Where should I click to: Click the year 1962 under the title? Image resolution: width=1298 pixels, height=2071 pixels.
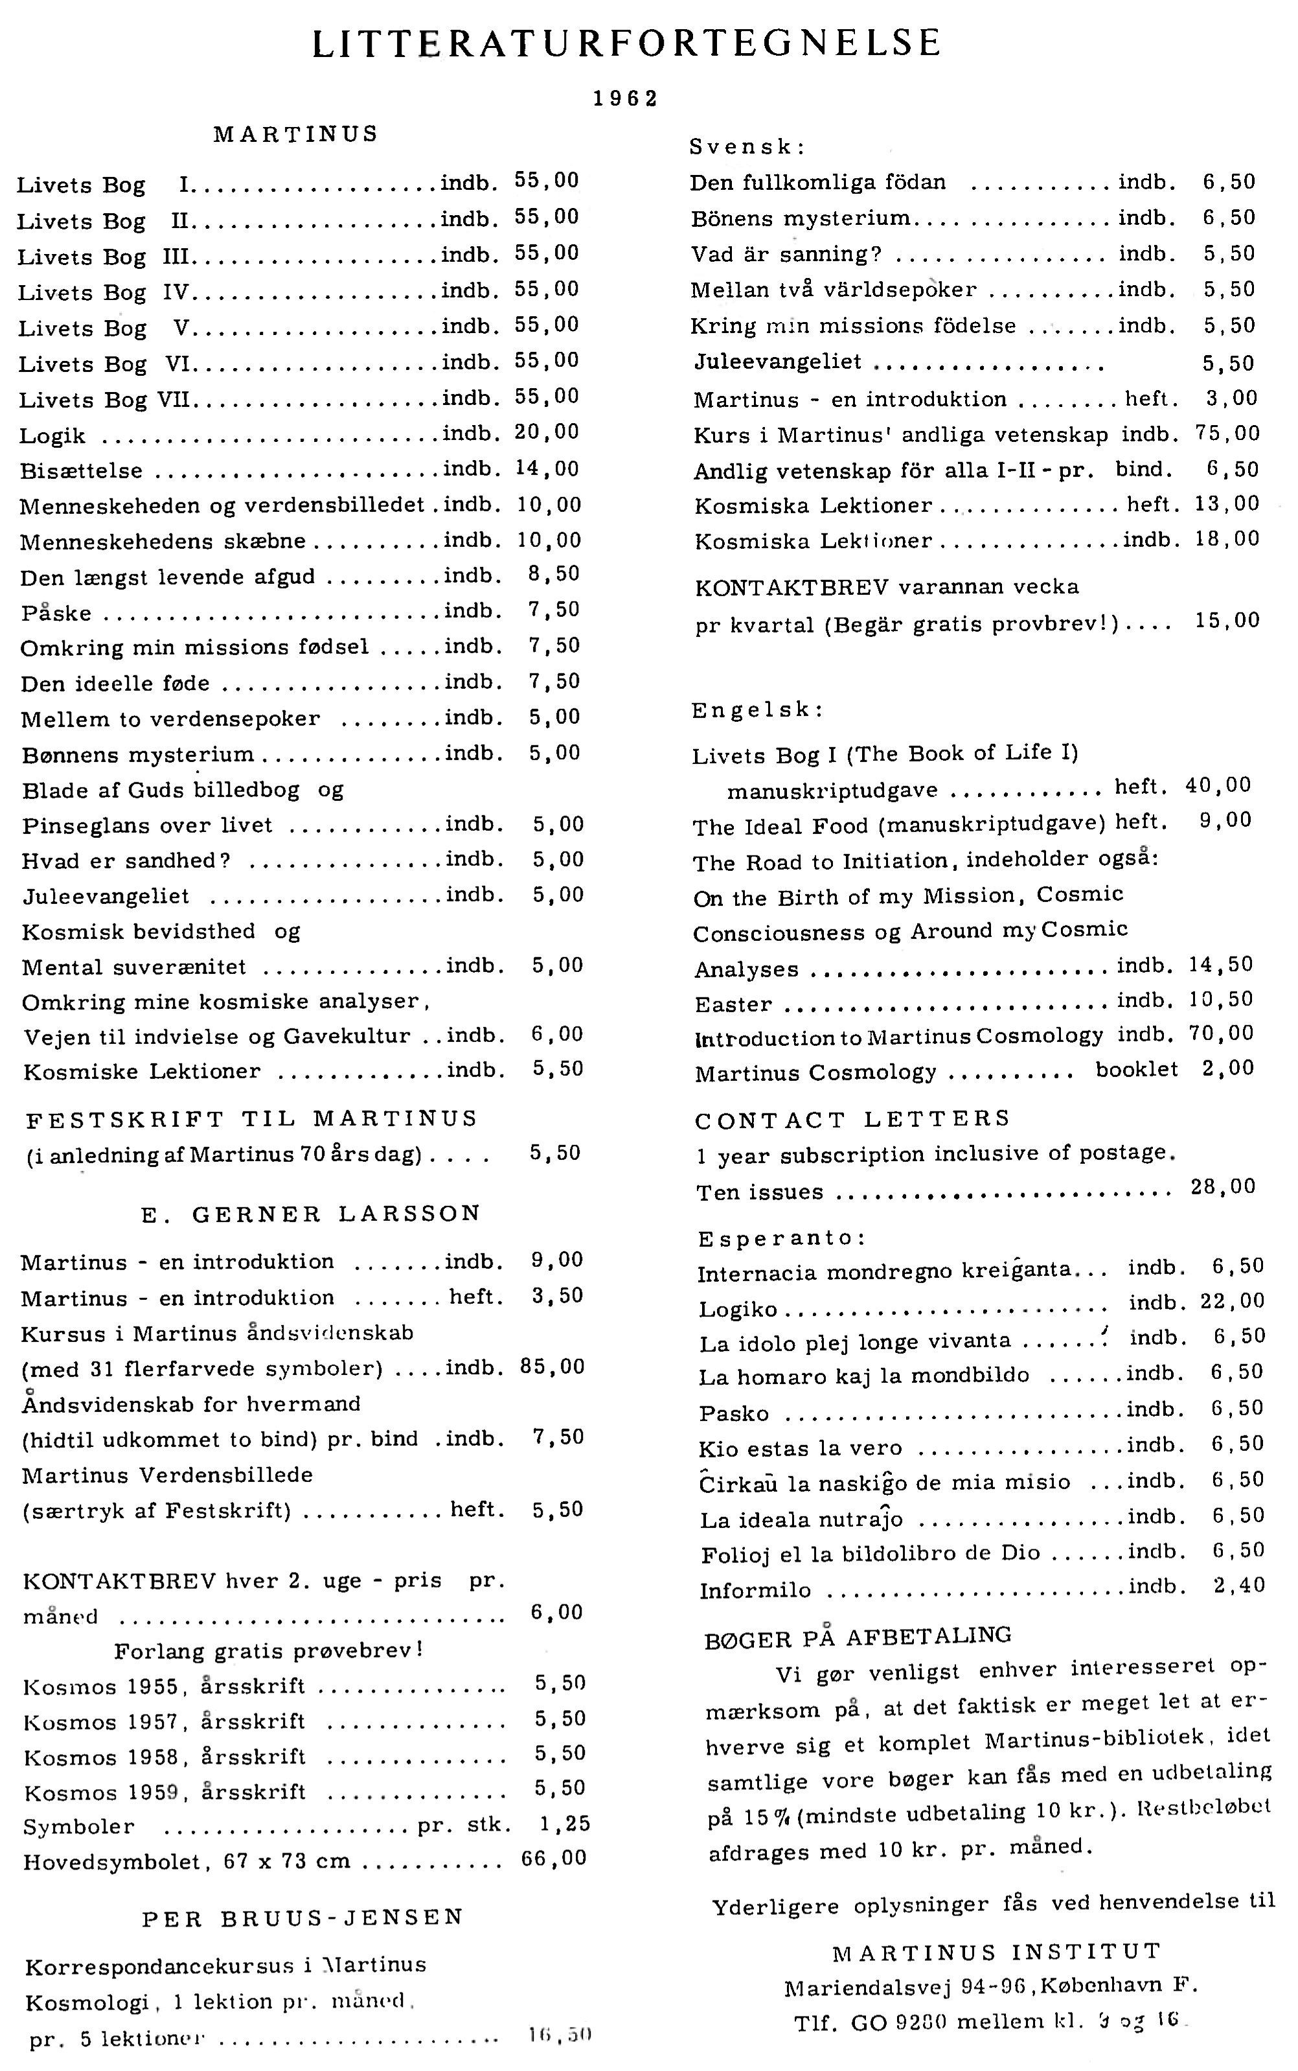(626, 98)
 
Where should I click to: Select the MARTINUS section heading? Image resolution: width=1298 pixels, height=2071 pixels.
(296, 134)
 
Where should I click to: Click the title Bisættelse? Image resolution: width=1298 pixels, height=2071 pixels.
(82, 471)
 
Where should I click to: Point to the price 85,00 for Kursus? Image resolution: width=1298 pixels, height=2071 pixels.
(552, 1367)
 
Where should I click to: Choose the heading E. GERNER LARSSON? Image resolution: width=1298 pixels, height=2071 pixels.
(311, 1213)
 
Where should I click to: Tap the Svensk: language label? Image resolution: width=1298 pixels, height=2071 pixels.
(747, 147)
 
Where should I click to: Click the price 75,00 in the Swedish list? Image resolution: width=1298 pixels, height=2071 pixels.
(1227, 434)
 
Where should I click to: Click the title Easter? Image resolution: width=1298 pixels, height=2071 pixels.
(733, 1004)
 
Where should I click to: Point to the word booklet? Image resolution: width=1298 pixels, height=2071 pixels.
(1137, 1070)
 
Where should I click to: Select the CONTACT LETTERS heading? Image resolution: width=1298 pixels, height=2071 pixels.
(852, 1120)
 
